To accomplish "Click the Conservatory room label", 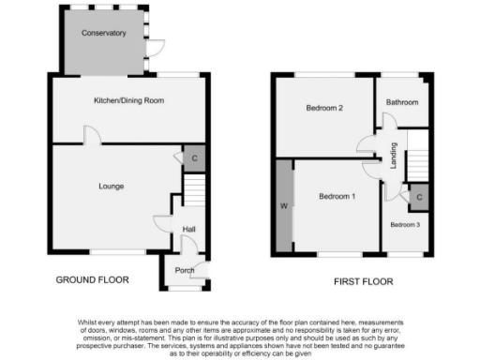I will click(103, 33).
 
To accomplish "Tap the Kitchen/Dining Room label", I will click(129, 99).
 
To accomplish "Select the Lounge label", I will click(112, 187).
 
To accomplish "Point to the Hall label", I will click(188, 230).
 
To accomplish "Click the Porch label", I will click(185, 271).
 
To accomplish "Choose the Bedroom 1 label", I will click(337, 196).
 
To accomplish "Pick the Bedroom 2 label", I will click(324, 109).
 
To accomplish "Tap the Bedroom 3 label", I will click(406, 225).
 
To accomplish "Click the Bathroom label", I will click(402, 102).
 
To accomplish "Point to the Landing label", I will click(395, 153).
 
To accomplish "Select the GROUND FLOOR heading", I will click(92, 280).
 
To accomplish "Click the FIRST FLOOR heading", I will click(363, 281).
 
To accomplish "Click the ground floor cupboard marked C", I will click(194, 158).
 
